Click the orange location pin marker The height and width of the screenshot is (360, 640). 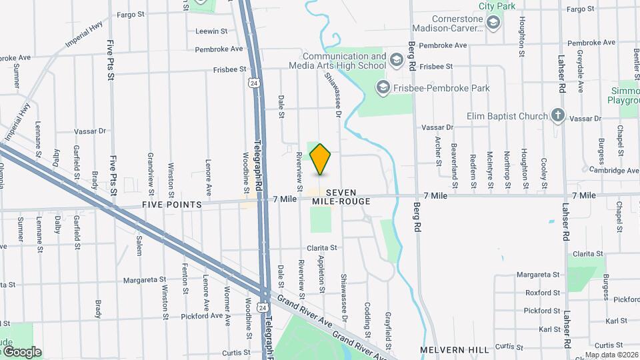pyautogui.click(x=321, y=159)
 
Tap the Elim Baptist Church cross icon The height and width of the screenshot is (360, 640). pyautogui.click(x=558, y=116)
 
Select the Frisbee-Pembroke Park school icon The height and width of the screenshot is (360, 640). pyautogui.click(x=383, y=87)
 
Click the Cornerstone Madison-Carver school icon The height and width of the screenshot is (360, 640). pyautogui.click(x=493, y=24)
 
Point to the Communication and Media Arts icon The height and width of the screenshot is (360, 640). pyautogui.click(x=396, y=61)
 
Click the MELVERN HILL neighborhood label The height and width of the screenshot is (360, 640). pyautogui.click(x=454, y=349)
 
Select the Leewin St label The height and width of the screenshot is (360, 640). pyautogui.click(x=211, y=31)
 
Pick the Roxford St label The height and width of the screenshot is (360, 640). pyautogui.click(x=542, y=293)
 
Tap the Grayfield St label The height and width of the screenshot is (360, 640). pyautogui.click(x=387, y=323)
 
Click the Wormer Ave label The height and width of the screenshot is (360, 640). pyautogui.click(x=227, y=305)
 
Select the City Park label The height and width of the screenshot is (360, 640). pyautogui.click(x=497, y=5)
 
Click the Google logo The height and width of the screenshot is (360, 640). pyautogui.click(x=22, y=352)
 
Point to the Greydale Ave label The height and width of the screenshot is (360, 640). pyautogui.click(x=581, y=71)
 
